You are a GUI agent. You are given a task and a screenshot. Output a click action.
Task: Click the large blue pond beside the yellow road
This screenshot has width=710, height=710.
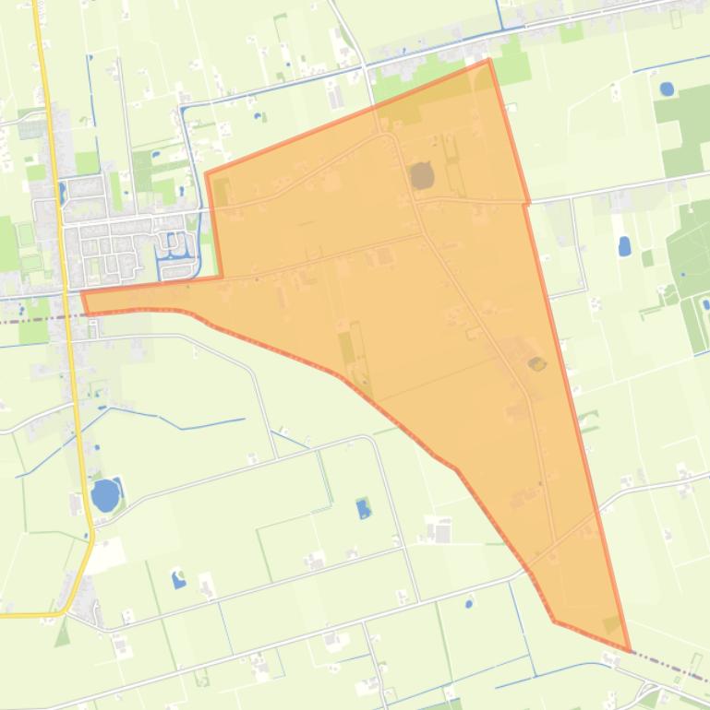[105, 495]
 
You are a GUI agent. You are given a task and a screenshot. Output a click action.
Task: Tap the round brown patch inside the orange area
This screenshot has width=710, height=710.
[422, 175]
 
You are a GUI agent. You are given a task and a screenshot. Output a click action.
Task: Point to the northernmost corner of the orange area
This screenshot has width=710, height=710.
[488, 60]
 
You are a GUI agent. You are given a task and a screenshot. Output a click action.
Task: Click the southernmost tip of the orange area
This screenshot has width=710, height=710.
[630, 651]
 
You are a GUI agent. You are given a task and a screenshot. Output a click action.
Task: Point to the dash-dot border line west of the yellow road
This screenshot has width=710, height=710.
[28, 319]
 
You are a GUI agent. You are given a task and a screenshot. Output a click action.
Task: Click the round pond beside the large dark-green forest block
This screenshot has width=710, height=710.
[667, 89]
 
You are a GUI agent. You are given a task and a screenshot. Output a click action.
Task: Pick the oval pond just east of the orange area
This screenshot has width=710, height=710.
[624, 246]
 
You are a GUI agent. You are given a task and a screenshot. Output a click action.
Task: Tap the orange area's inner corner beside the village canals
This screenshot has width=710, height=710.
[222, 276]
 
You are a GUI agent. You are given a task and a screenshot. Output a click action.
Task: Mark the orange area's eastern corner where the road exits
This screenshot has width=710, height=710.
[527, 202]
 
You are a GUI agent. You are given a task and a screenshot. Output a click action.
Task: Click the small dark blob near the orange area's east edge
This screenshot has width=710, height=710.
[536, 363]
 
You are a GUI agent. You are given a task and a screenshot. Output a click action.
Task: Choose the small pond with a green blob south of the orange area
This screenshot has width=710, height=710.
[363, 508]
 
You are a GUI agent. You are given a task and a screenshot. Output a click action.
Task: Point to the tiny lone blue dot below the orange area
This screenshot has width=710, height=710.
[468, 604]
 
